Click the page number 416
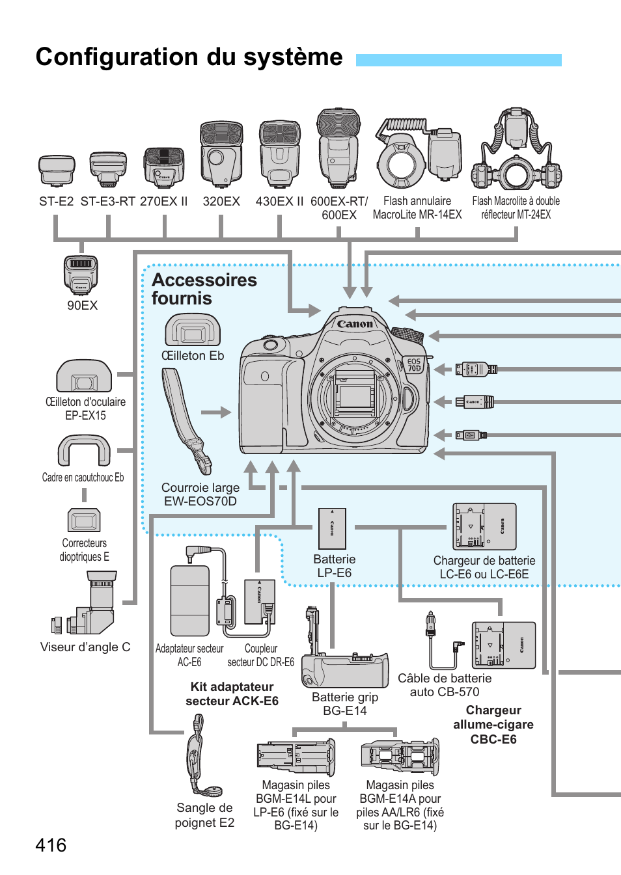tap(51, 845)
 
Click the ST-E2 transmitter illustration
tap(57, 170)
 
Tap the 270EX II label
tap(163, 202)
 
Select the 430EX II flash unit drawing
tap(279, 154)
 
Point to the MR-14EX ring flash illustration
tap(417, 154)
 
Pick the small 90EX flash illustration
tap(81, 274)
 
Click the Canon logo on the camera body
tap(355, 323)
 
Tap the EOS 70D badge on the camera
tap(414, 365)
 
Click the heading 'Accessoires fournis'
tap(204, 289)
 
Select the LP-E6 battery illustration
tap(332, 528)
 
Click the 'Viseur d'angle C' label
tap(85, 647)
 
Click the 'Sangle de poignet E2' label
tap(204, 815)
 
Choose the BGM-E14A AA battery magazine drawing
tap(400, 757)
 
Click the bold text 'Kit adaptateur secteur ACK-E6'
tap(232, 694)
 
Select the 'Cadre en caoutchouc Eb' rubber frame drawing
tap(84, 450)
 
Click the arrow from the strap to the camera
tap(216, 412)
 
